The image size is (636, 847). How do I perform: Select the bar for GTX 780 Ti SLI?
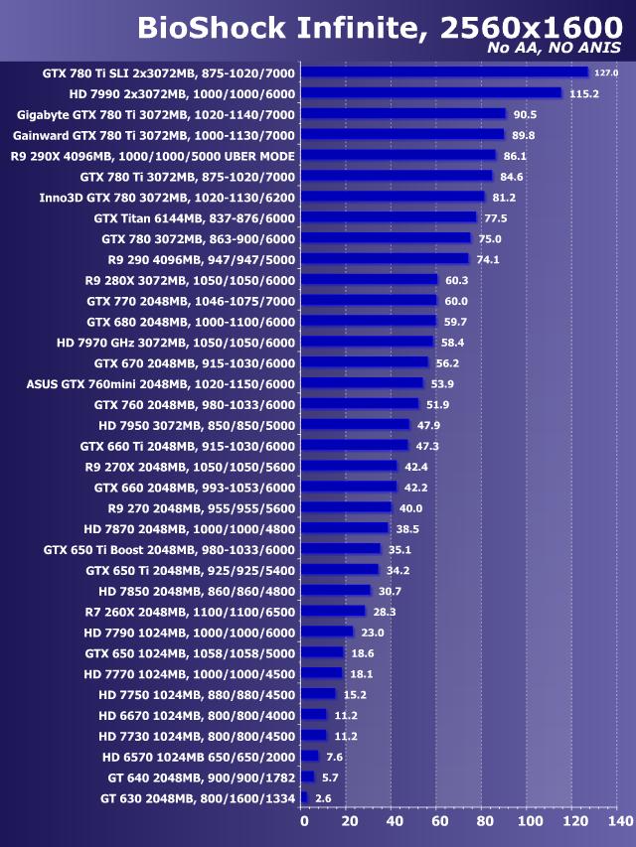click(x=444, y=72)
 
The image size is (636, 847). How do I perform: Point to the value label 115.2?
click(x=582, y=93)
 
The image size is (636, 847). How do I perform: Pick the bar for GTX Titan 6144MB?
click(x=389, y=217)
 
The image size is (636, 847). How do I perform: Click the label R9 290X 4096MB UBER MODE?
click(x=153, y=156)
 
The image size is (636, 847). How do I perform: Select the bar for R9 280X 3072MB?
click(x=369, y=280)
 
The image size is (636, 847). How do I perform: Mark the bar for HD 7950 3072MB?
click(x=355, y=425)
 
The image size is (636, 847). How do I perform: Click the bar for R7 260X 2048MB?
click(x=333, y=612)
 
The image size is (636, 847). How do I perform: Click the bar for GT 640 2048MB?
click(x=308, y=776)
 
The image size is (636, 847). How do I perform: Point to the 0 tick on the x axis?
click(x=304, y=821)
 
